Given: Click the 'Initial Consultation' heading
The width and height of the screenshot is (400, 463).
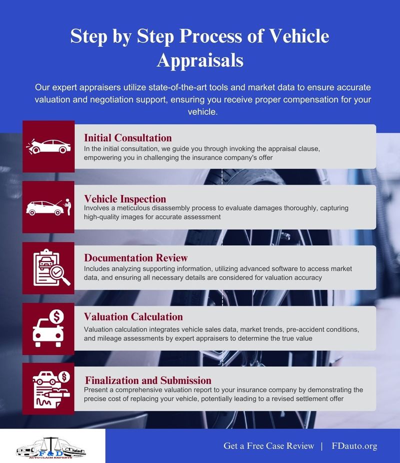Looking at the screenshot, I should [x=128, y=137].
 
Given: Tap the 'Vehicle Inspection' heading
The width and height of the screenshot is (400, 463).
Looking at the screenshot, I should [x=125, y=198].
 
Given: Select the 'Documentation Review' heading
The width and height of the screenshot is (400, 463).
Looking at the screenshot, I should [x=136, y=258].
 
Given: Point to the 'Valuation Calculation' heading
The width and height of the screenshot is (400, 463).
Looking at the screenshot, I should [x=133, y=316].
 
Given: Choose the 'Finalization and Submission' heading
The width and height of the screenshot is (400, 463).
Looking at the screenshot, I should [x=148, y=380].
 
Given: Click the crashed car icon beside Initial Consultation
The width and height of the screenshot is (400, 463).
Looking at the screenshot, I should [x=48, y=146].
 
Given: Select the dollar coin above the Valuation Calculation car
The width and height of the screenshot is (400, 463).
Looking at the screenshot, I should [x=56, y=316].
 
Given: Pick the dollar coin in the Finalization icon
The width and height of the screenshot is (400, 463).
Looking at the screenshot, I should [x=63, y=376].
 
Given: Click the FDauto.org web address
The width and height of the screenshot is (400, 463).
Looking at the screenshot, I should [x=354, y=445].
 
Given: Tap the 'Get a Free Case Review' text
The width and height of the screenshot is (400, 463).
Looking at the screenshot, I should [x=269, y=445].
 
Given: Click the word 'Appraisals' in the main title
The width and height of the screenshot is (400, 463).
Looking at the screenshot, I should [x=200, y=60].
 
